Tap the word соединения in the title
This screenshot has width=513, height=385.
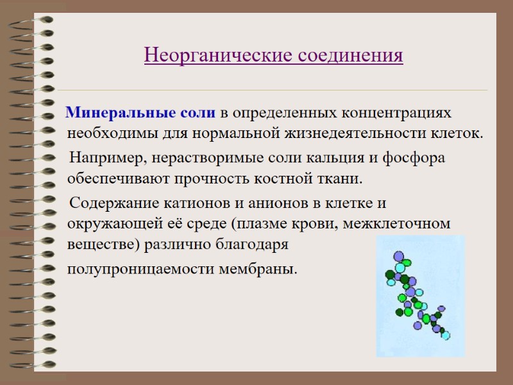pos(350,55)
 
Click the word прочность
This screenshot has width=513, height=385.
pos(225,178)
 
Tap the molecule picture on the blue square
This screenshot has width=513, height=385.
pos(417,295)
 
